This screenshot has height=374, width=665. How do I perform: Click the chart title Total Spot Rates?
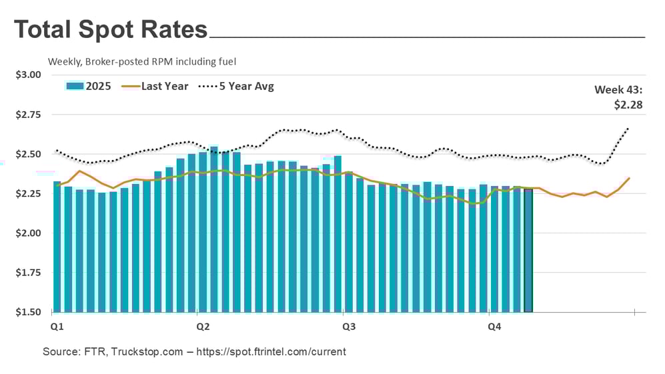111,30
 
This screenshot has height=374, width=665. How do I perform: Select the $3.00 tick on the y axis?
28,75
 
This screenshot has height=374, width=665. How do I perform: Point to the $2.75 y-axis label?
28,115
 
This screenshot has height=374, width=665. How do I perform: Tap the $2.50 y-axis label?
28,154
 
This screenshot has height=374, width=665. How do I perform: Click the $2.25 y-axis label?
28,193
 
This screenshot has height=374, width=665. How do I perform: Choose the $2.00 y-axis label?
28,233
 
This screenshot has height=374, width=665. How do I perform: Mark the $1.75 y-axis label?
28,273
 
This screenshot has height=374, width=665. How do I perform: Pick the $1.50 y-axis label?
28,312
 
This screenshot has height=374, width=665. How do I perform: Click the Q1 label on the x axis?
57,327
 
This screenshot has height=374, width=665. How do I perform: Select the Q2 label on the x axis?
203,327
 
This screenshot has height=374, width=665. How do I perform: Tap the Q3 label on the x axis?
348,327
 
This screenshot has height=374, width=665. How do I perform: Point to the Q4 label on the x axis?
494,327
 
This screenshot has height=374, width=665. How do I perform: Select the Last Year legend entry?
164,86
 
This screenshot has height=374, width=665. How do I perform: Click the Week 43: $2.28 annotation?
618,97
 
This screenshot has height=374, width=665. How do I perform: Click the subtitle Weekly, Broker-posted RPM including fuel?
142,61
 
